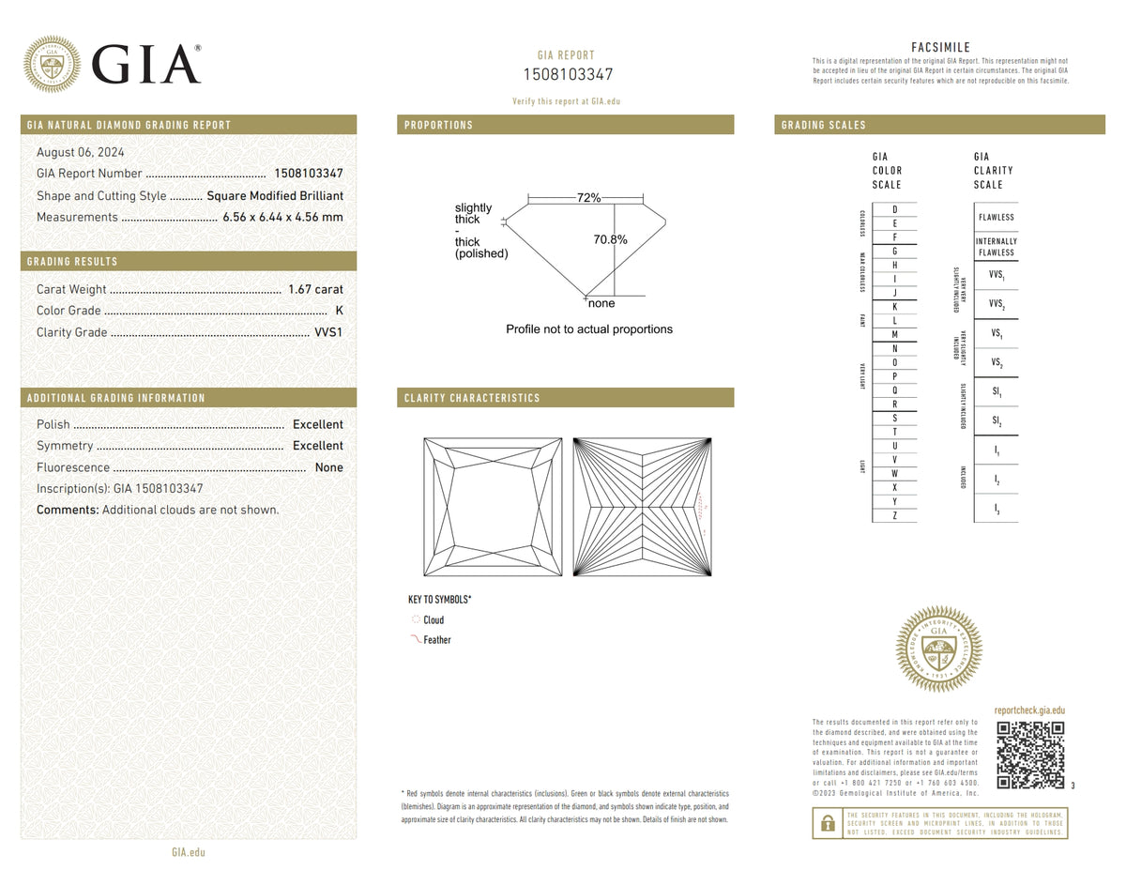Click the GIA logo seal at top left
[52, 64]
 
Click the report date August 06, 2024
[80, 152]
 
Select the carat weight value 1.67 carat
[315, 289]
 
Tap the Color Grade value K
[338, 311]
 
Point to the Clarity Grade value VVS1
[327, 332]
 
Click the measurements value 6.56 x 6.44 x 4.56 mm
[282, 217]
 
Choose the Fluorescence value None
[328, 467]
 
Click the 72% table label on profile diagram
[588, 198]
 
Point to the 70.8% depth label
[610, 239]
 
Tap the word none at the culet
[601, 303]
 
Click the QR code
[1030, 756]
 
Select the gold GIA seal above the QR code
[938, 649]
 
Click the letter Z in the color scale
[894, 515]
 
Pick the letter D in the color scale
[894, 208]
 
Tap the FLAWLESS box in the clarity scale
[996, 217]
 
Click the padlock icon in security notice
[828, 823]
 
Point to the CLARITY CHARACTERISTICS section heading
[472, 398]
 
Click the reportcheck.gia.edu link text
[1029, 711]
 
